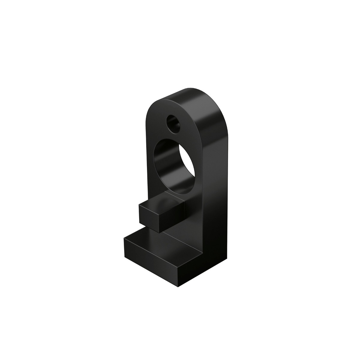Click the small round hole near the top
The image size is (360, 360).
[174, 124]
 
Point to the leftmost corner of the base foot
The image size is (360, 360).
[124, 239]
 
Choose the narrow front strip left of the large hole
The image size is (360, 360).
[150, 168]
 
